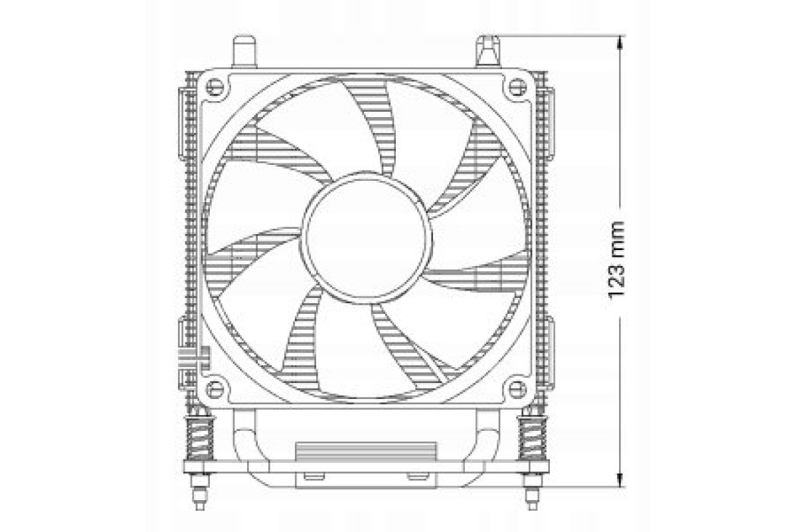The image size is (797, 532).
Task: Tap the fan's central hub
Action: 367,238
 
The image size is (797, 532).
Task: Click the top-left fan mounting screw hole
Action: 215,86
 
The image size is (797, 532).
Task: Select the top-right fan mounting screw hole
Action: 517,86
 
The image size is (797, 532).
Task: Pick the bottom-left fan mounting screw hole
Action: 215,390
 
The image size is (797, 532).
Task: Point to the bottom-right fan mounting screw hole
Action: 517,390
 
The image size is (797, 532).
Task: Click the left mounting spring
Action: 200,437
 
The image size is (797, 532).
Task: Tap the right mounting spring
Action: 532,437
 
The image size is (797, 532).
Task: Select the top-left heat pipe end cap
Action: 244,51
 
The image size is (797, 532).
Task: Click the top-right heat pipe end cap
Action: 487,51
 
